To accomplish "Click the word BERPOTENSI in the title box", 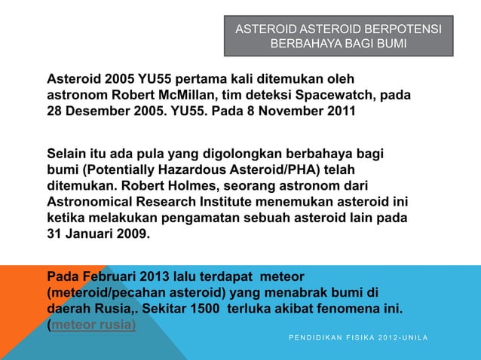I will (404, 29).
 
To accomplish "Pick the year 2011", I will (336, 112).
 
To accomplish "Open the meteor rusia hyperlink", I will (93, 325).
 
